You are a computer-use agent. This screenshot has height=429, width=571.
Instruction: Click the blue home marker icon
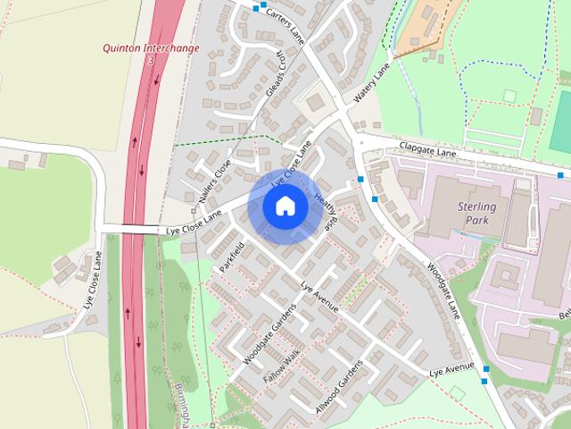(x=285, y=206)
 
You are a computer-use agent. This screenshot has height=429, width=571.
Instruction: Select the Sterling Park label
(x=481, y=213)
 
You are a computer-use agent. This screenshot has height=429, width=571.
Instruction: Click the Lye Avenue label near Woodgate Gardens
(x=320, y=298)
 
